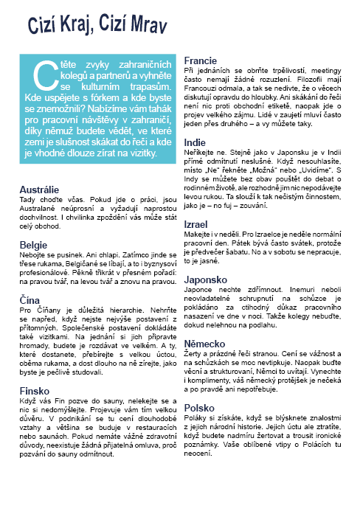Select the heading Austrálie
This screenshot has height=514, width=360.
(39, 190)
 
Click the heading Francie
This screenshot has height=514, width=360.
(200, 60)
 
